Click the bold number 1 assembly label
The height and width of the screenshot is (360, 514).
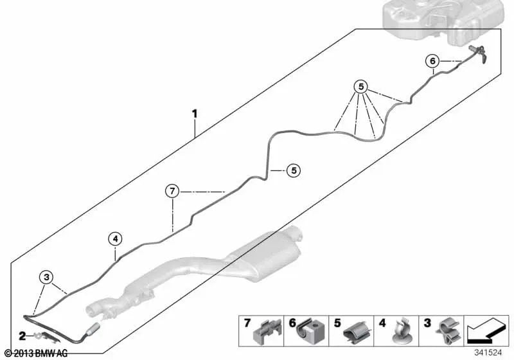click(195, 114)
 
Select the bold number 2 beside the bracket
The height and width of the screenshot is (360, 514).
click(22, 336)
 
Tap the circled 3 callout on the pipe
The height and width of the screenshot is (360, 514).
click(46, 277)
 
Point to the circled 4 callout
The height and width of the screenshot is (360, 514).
click(115, 239)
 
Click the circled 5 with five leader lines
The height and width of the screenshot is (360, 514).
click(361, 87)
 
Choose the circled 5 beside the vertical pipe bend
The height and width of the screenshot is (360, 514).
click(294, 170)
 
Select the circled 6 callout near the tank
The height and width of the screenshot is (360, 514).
click(432, 61)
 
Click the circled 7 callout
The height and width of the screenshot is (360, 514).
click(172, 191)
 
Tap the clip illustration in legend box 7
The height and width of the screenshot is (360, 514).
click(267, 332)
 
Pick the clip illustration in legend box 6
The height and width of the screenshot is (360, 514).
click(311, 330)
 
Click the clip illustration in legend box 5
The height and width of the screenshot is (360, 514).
click(357, 332)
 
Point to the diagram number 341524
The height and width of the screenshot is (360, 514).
click(488, 353)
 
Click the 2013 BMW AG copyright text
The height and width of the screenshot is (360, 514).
click(37, 354)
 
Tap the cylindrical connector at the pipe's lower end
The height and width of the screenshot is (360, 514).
click(93, 328)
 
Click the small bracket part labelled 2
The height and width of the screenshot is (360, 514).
click(45, 337)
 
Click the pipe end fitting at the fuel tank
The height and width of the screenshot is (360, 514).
click(478, 53)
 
